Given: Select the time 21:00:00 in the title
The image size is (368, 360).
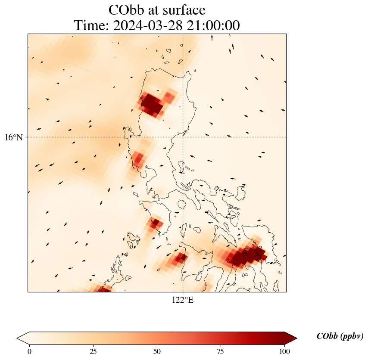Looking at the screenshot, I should (212, 26).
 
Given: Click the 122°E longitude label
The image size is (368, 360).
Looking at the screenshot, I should (183, 300).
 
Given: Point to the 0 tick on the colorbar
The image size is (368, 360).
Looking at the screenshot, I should (29, 351).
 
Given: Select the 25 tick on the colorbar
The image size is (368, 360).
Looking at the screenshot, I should (93, 351).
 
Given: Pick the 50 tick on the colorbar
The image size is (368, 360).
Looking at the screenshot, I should (157, 351).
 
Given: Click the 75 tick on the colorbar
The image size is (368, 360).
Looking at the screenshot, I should (220, 351).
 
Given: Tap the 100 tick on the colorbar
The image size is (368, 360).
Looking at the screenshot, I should (284, 351).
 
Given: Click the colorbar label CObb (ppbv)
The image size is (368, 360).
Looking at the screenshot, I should (340, 336).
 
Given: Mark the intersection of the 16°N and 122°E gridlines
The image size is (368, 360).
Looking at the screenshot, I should (183, 137).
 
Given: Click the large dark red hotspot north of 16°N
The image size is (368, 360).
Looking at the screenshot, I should (151, 103).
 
